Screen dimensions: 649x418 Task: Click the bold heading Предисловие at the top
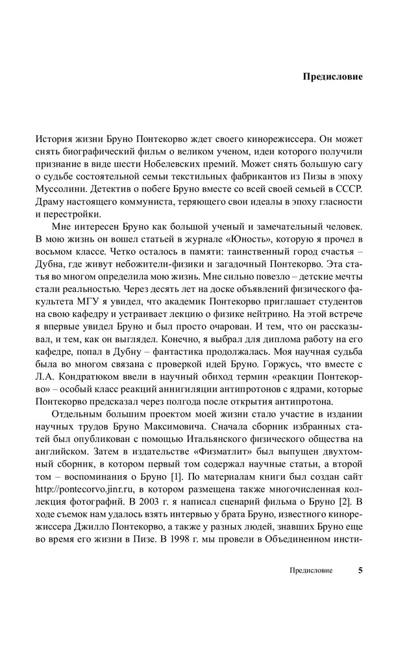[x=333, y=77]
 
